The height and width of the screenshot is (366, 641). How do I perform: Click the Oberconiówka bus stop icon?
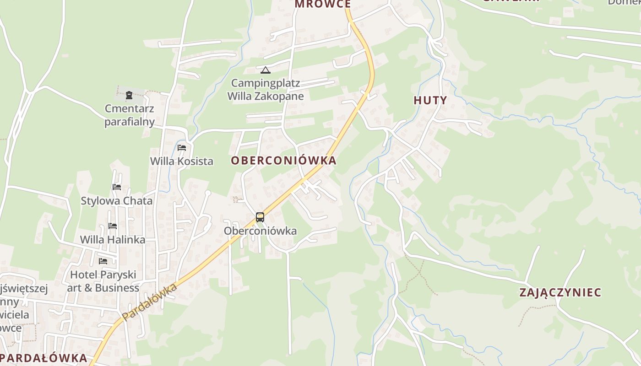pos(260,217)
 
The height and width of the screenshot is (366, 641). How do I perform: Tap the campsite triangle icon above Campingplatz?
pos(266,70)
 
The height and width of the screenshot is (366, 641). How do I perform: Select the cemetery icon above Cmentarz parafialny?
pos(129,95)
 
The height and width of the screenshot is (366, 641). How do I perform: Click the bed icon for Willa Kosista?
pos(182,148)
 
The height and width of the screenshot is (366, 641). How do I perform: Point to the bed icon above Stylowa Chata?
pos(117,187)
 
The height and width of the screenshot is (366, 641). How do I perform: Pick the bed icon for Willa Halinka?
pos(112,226)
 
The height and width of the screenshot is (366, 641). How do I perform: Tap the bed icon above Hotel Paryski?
pos(103,261)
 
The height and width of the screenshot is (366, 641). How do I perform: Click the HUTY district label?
pos(430,101)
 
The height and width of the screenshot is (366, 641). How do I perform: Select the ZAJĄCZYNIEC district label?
pos(560,293)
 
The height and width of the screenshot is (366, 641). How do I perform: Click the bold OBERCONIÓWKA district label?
pos(283,161)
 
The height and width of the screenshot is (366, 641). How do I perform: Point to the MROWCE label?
pos(322,4)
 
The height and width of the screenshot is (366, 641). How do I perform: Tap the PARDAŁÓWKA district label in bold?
pos(44,358)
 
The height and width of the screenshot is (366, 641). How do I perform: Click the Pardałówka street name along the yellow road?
pos(150,302)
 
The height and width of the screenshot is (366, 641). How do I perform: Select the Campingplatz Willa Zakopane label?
pos(266,90)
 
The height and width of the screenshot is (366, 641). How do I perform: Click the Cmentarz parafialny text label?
pos(130,115)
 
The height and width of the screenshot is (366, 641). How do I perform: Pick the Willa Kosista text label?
pos(182,161)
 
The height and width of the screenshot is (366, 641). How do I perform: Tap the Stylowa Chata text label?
pos(117,201)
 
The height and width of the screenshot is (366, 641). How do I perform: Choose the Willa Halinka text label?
pos(113,240)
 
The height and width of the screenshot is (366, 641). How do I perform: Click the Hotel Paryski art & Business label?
pos(103,281)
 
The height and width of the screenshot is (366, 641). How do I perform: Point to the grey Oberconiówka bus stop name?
pos(260,231)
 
